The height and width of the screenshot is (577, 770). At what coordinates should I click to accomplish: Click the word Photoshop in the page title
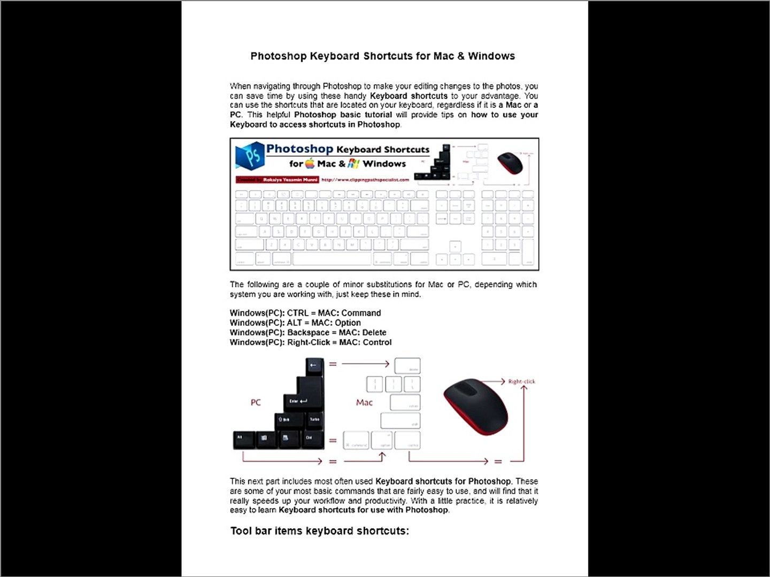click(279, 56)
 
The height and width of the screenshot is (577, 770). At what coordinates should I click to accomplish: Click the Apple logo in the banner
click(310, 163)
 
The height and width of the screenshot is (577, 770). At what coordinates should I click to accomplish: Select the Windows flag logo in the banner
click(353, 163)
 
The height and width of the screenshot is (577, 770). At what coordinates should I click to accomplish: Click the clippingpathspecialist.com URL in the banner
click(365, 180)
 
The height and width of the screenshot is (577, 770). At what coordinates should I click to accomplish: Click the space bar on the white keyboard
click(332, 260)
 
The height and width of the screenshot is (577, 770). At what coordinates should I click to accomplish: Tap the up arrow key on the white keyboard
click(455, 246)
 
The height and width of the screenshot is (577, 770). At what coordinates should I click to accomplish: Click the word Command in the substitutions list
click(361, 313)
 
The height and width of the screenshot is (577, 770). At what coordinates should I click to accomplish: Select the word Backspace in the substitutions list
click(308, 332)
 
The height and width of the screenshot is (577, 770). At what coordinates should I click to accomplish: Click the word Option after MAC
click(348, 323)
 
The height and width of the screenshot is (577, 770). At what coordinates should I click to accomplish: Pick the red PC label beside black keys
click(256, 402)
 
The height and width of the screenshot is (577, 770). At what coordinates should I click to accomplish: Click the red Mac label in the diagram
click(364, 402)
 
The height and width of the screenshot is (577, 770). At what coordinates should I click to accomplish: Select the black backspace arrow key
click(314, 365)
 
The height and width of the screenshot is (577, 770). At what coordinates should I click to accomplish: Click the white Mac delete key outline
click(407, 366)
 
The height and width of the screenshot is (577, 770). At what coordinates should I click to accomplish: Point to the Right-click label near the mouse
click(521, 381)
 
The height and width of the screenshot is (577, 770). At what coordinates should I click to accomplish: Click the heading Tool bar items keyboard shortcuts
click(319, 531)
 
